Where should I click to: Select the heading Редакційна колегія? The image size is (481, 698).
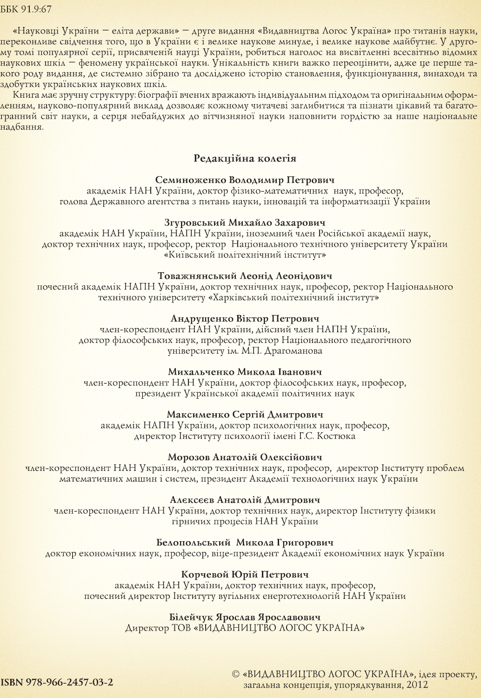pos(245,158)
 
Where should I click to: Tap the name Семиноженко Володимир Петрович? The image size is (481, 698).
pos(245,180)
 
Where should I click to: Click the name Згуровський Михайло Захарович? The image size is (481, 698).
pos(245,222)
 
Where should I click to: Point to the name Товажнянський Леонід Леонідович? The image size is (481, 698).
pos(245,276)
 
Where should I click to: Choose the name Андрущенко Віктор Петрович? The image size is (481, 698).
pos(245,319)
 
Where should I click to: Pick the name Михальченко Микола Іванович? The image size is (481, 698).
pos(245,372)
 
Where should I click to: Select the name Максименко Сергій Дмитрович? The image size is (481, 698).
pos(245,414)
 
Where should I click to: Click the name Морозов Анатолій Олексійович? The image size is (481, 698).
pos(245,457)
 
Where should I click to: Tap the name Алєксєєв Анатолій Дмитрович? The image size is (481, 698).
pos(245,500)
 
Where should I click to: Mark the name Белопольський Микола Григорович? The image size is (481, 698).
pos(245,543)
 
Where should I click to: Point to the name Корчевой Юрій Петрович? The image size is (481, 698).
pos(245,575)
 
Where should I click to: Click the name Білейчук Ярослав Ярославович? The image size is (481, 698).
pos(245,617)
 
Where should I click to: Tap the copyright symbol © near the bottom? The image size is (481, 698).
pos(235,674)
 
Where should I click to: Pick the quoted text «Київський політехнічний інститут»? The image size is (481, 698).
pos(245,255)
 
